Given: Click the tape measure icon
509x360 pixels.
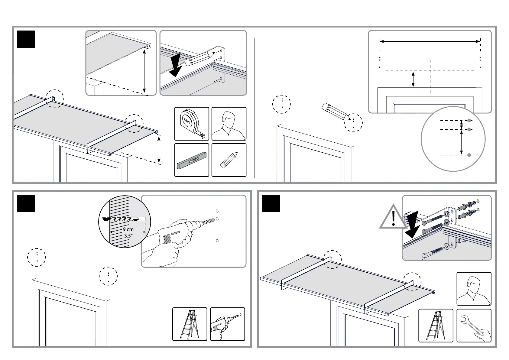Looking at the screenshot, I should (192, 124).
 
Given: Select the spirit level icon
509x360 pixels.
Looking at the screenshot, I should (192, 160).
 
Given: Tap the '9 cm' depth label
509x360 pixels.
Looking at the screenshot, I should (128, 229).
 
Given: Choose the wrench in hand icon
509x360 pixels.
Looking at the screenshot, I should (474, 326).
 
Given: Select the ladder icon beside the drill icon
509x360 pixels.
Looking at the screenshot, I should (190, 324).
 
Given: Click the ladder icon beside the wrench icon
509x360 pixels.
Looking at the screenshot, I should (436, 326).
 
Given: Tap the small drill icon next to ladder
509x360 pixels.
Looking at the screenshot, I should (227, 324).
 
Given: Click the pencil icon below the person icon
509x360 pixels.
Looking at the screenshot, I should (229, 160).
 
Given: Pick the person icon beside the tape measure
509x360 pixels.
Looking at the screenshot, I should (229, 124).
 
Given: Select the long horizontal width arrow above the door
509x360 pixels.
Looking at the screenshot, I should (430, 41).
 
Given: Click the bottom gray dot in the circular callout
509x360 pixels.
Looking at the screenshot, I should (469, 155).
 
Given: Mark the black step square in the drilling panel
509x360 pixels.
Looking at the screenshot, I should (26, 203).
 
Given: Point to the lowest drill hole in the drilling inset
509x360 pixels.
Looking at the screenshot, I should (217, 241).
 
